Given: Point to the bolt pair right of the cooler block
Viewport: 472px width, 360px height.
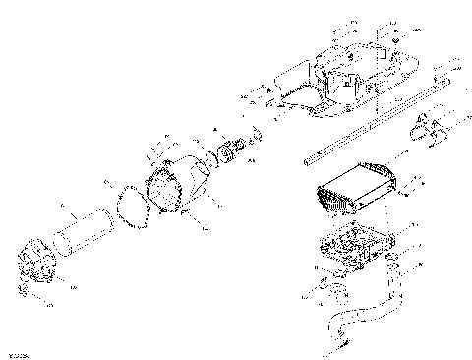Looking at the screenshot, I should tap(417, 184).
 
